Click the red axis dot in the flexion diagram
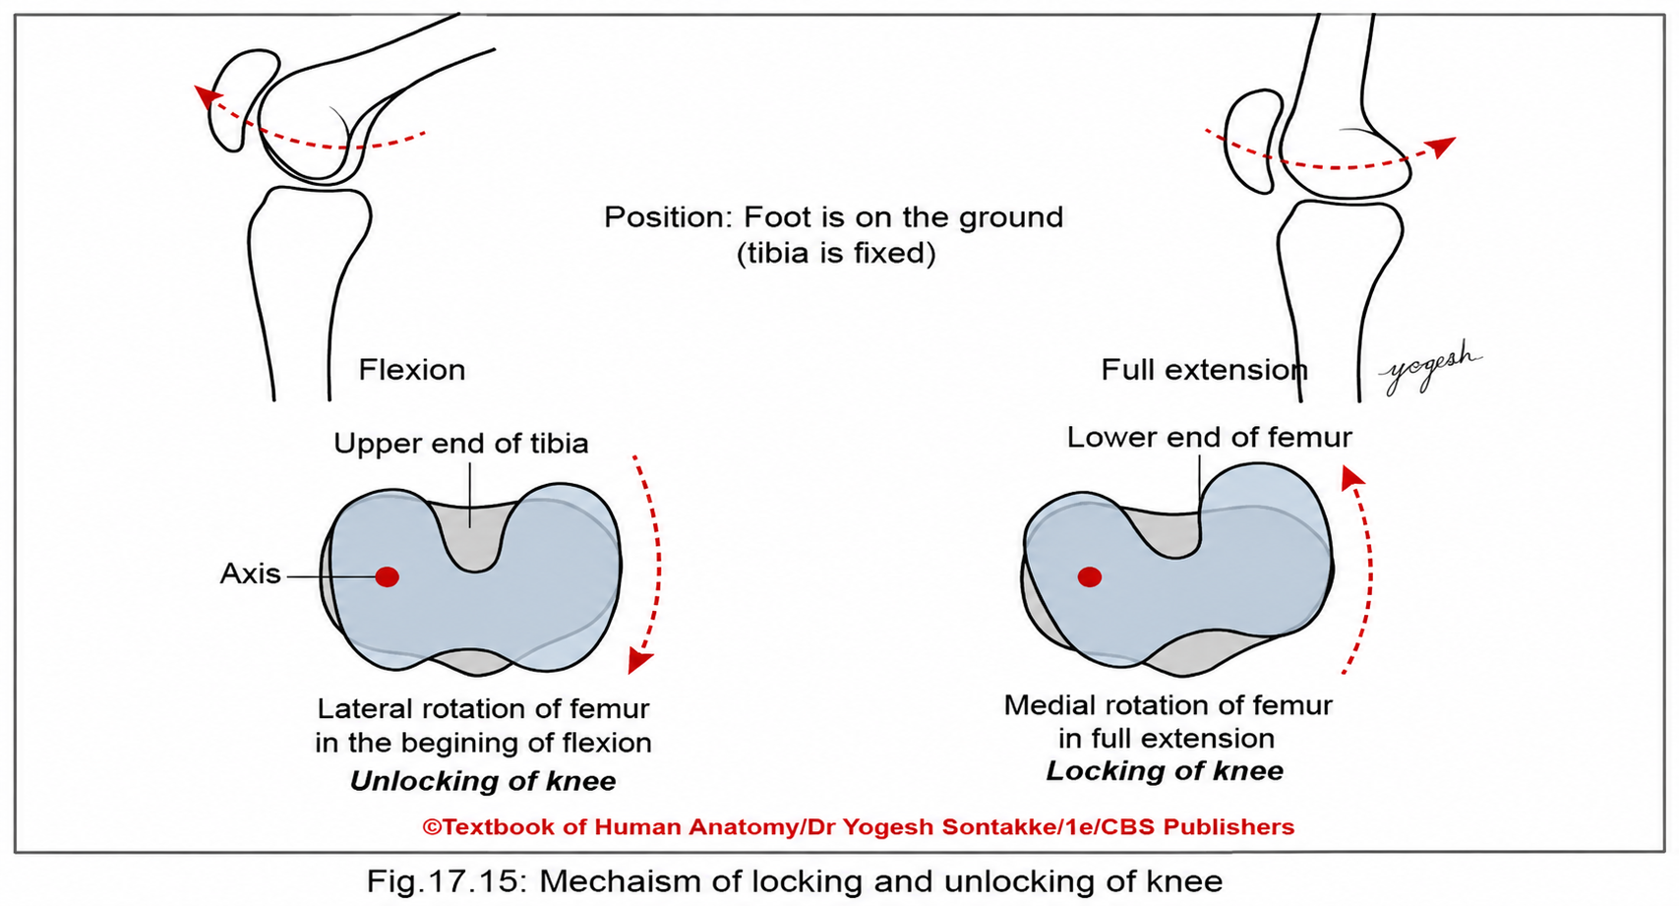tap(387, 576)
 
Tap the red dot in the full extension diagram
tap(1089, 576)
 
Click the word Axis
tap(250, 574)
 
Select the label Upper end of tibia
tap(461, 444)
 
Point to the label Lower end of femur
tap(1209, 438)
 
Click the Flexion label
tap(411, 370)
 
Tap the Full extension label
tap(1204, 370)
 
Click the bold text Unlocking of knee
tap(483, 781)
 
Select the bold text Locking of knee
tap(1165, 771)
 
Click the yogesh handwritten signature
tap(1430, 367)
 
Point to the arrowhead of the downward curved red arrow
tap(638, 659)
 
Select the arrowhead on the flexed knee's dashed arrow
tap(207, 96)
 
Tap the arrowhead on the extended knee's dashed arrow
tap(1441, 147)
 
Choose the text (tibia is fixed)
tap(836, 253)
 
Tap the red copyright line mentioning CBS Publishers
tap(859, 826)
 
